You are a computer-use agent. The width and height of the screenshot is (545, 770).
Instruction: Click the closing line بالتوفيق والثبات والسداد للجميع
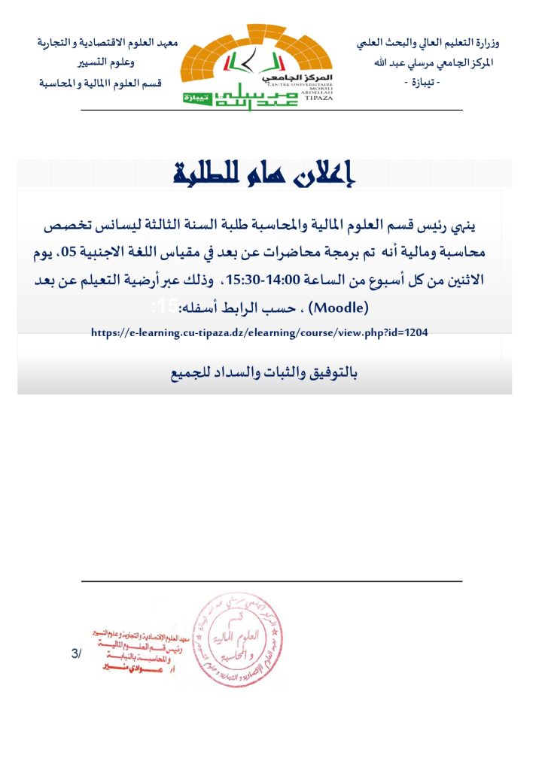pos(264,374)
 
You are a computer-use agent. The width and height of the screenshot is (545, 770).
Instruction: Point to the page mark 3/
pos(75,654)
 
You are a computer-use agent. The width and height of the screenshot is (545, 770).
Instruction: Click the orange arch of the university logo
pos(260,53)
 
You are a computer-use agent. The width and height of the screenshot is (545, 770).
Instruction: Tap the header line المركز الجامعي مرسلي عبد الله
pos(436,62)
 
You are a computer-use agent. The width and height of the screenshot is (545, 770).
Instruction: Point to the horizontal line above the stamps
pos(271,581)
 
